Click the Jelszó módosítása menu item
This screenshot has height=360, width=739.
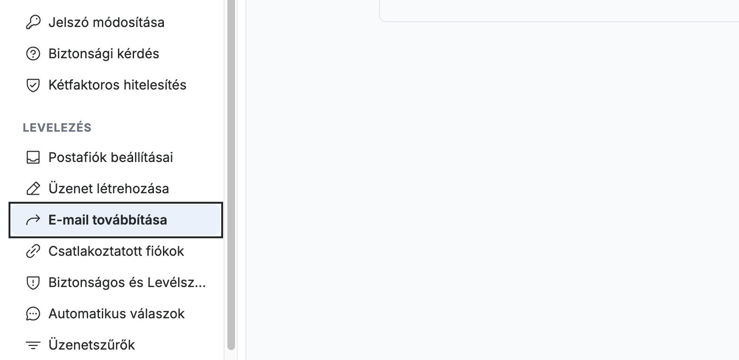106,22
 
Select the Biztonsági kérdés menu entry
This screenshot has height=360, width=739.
104,54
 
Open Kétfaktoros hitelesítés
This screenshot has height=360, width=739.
117,85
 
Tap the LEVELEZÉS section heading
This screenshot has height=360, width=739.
57,127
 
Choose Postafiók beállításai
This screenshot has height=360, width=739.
110,157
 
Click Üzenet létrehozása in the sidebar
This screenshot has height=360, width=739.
108,189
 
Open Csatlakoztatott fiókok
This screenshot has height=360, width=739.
116,252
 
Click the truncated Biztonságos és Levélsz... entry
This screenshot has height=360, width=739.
127,282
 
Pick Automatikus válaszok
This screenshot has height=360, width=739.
117,314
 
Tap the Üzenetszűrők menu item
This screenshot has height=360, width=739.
92,345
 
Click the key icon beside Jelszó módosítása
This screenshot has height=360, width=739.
33,22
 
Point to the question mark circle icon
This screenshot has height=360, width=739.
33,54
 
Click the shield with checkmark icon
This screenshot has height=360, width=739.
33,85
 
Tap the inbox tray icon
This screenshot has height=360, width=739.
33,157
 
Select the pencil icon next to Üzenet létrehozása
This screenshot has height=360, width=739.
33,189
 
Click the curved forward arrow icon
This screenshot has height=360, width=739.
33,220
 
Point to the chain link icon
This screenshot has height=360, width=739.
33,252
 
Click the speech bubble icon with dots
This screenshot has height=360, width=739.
33,314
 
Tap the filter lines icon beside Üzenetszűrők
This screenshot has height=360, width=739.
33,345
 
